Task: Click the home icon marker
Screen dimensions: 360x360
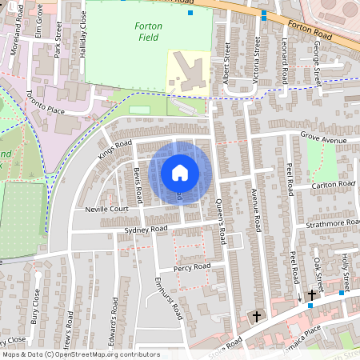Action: [180, 172]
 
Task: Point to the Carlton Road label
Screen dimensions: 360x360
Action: [333, 184]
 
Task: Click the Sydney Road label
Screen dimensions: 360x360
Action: [146, 230]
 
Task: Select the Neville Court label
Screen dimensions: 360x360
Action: [107, 209]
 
